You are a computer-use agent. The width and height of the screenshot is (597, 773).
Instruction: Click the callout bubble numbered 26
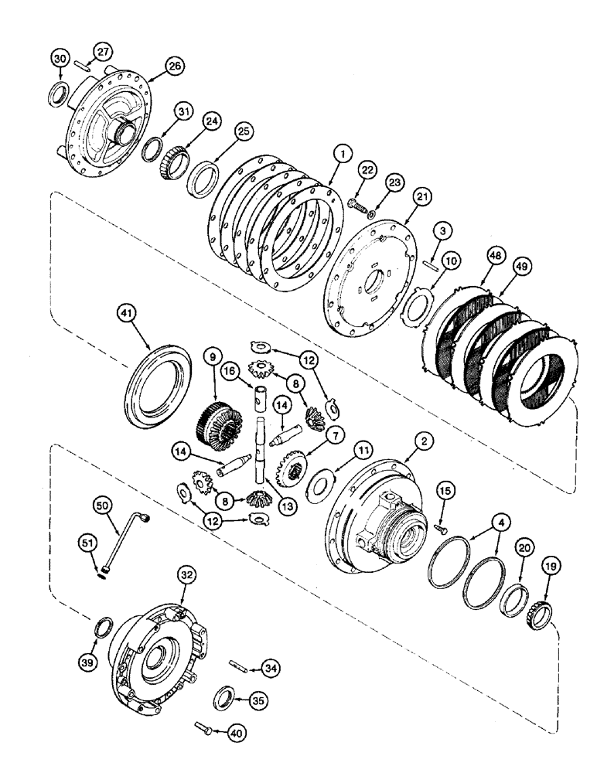click(174, 67)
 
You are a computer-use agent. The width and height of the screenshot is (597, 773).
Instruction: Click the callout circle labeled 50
click(102, 505)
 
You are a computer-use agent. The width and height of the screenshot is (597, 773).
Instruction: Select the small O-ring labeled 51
click(102, 573)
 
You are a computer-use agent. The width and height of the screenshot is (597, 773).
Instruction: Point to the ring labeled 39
click(102, 625)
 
